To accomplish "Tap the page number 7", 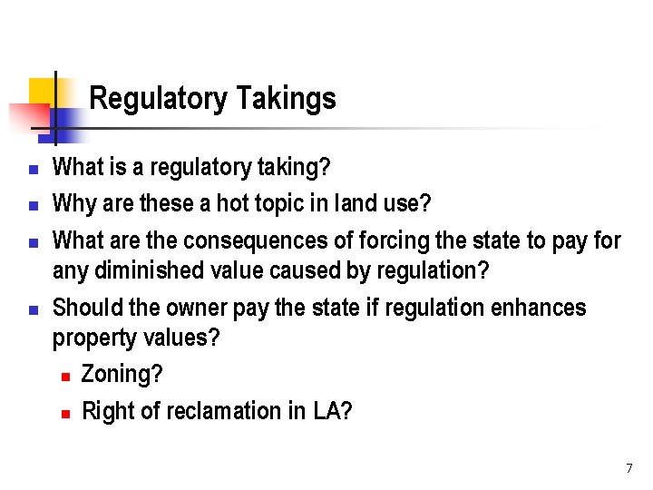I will point(629,468).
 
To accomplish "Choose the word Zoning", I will point(119,374).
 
